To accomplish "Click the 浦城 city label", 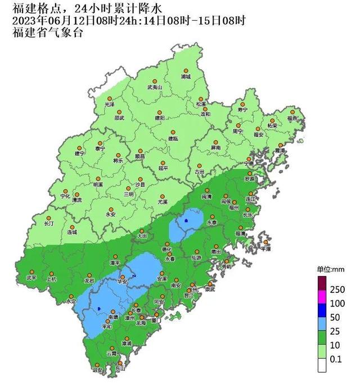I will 186,76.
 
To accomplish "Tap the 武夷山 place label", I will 154,88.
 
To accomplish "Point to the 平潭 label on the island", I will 265,248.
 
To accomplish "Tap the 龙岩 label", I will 89,280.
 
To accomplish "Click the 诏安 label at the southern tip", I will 97,370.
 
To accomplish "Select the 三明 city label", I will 129,194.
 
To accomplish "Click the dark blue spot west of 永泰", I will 185,221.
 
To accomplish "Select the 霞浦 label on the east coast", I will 280,151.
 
